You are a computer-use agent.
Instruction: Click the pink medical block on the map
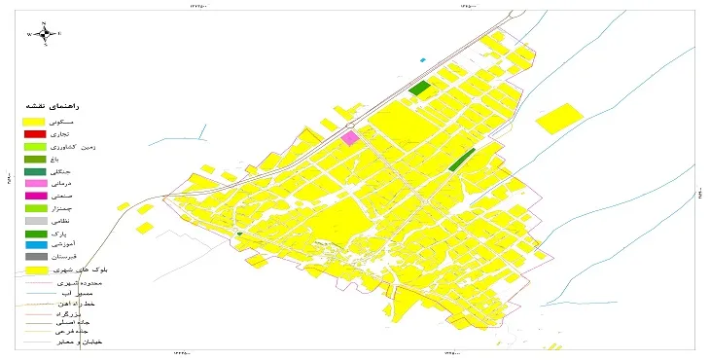[350, 138]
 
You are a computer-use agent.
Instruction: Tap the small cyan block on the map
[423, 60]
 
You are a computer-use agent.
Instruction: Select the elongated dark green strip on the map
[462, 160]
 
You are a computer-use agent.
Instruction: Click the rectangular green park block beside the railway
[419, 89]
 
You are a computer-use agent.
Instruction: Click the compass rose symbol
[44, 34]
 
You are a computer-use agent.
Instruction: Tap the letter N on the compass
[44, 21]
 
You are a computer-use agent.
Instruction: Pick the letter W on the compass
[30, 34]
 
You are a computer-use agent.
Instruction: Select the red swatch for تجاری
[35, 133]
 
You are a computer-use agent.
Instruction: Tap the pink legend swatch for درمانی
[35, 183]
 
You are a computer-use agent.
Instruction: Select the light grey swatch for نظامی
[35, 221]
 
